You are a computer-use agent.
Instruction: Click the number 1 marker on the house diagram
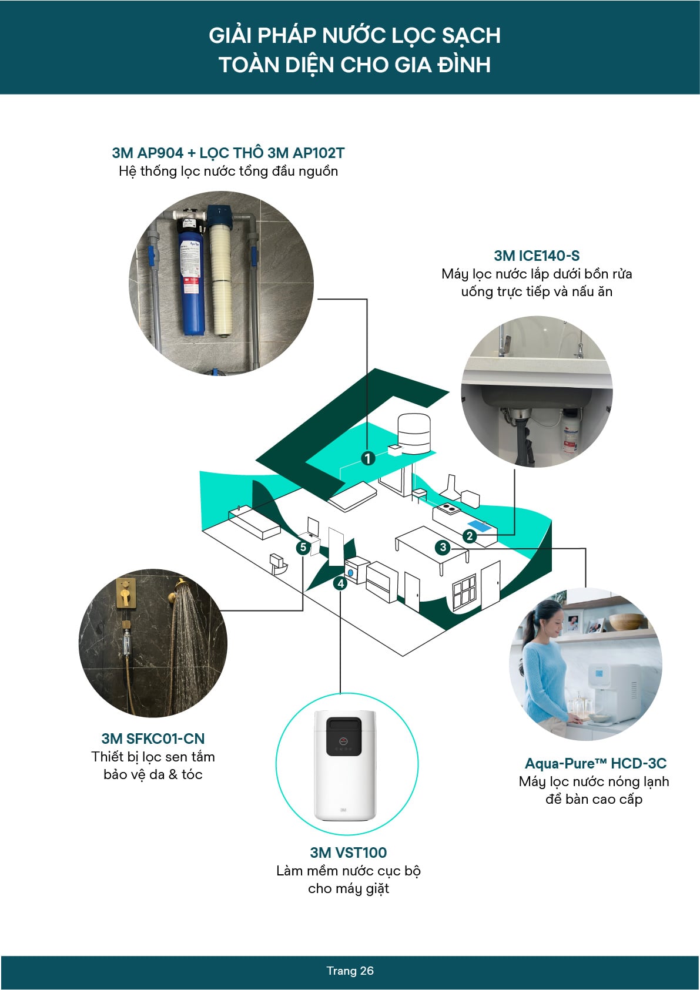pos(368,458)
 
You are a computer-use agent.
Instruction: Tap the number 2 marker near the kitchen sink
pos(469,536)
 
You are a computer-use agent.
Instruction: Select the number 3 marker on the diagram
pos(443,548)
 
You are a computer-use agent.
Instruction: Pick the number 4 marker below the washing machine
pos(340,583)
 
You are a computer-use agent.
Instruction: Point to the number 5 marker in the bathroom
pos(303,548)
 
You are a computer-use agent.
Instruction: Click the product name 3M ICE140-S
pos(537,256)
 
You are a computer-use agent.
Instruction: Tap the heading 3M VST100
pos(348,853)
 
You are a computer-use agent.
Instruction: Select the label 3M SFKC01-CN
pos(153,739)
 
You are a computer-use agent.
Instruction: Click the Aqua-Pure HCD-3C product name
pos(595,763)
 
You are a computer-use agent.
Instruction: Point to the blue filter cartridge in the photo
pos(190,282)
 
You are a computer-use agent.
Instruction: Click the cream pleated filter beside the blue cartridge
pos(221,276)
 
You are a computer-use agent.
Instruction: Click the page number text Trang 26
pos(350,971)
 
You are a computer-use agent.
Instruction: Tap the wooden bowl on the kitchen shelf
pos(625,622)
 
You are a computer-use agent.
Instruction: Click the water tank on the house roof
pos(414,432)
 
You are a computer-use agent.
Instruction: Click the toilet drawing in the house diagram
pos(277,563)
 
